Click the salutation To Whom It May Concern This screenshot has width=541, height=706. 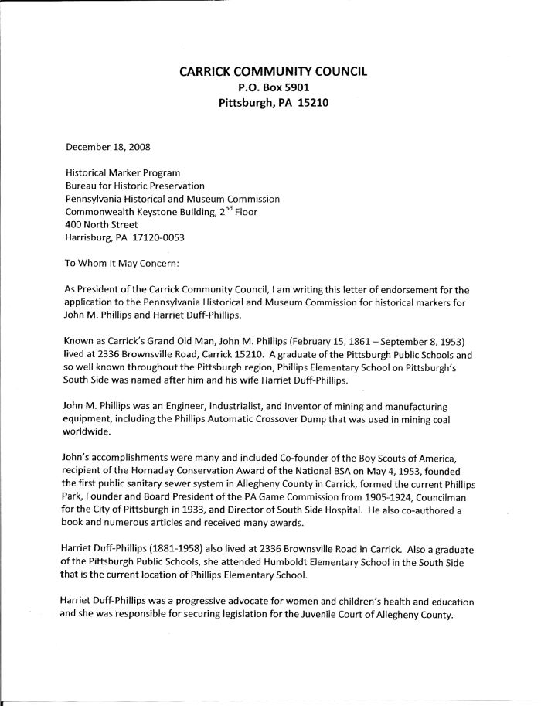click(x=122, y=263)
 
